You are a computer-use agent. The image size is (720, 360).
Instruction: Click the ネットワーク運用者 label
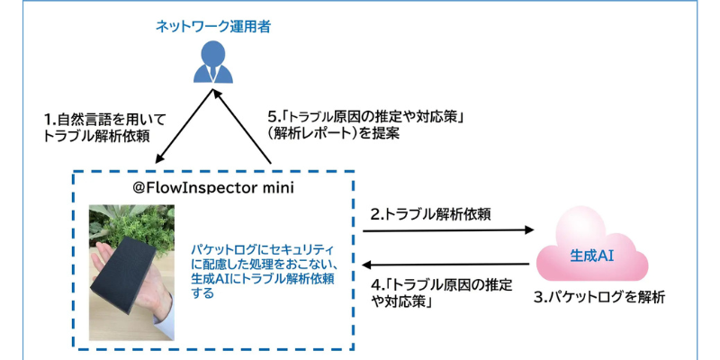coord(212,26)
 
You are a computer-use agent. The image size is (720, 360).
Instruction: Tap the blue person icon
coord(212,62)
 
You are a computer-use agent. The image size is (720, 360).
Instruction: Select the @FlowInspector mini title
coord(213,188)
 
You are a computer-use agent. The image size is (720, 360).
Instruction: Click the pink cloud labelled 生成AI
coord(592,249)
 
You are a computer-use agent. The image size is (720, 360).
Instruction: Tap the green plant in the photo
coord(133,225)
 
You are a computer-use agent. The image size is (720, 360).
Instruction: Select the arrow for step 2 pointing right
coord(448,230)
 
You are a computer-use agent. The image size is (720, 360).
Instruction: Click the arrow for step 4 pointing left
coord(448,265)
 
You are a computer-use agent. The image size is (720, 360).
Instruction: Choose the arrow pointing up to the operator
coord(242,126)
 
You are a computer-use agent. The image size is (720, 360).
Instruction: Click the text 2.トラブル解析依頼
coord(431,214)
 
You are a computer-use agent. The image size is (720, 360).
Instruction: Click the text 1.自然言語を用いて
coord(104,121)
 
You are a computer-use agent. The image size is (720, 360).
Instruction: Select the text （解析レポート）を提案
coord(334,133)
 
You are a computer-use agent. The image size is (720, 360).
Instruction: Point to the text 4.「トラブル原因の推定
coord(441,285)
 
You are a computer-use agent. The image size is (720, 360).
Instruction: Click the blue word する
coord(202,293)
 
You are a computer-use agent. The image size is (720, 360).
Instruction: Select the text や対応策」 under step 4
coord(400,302)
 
